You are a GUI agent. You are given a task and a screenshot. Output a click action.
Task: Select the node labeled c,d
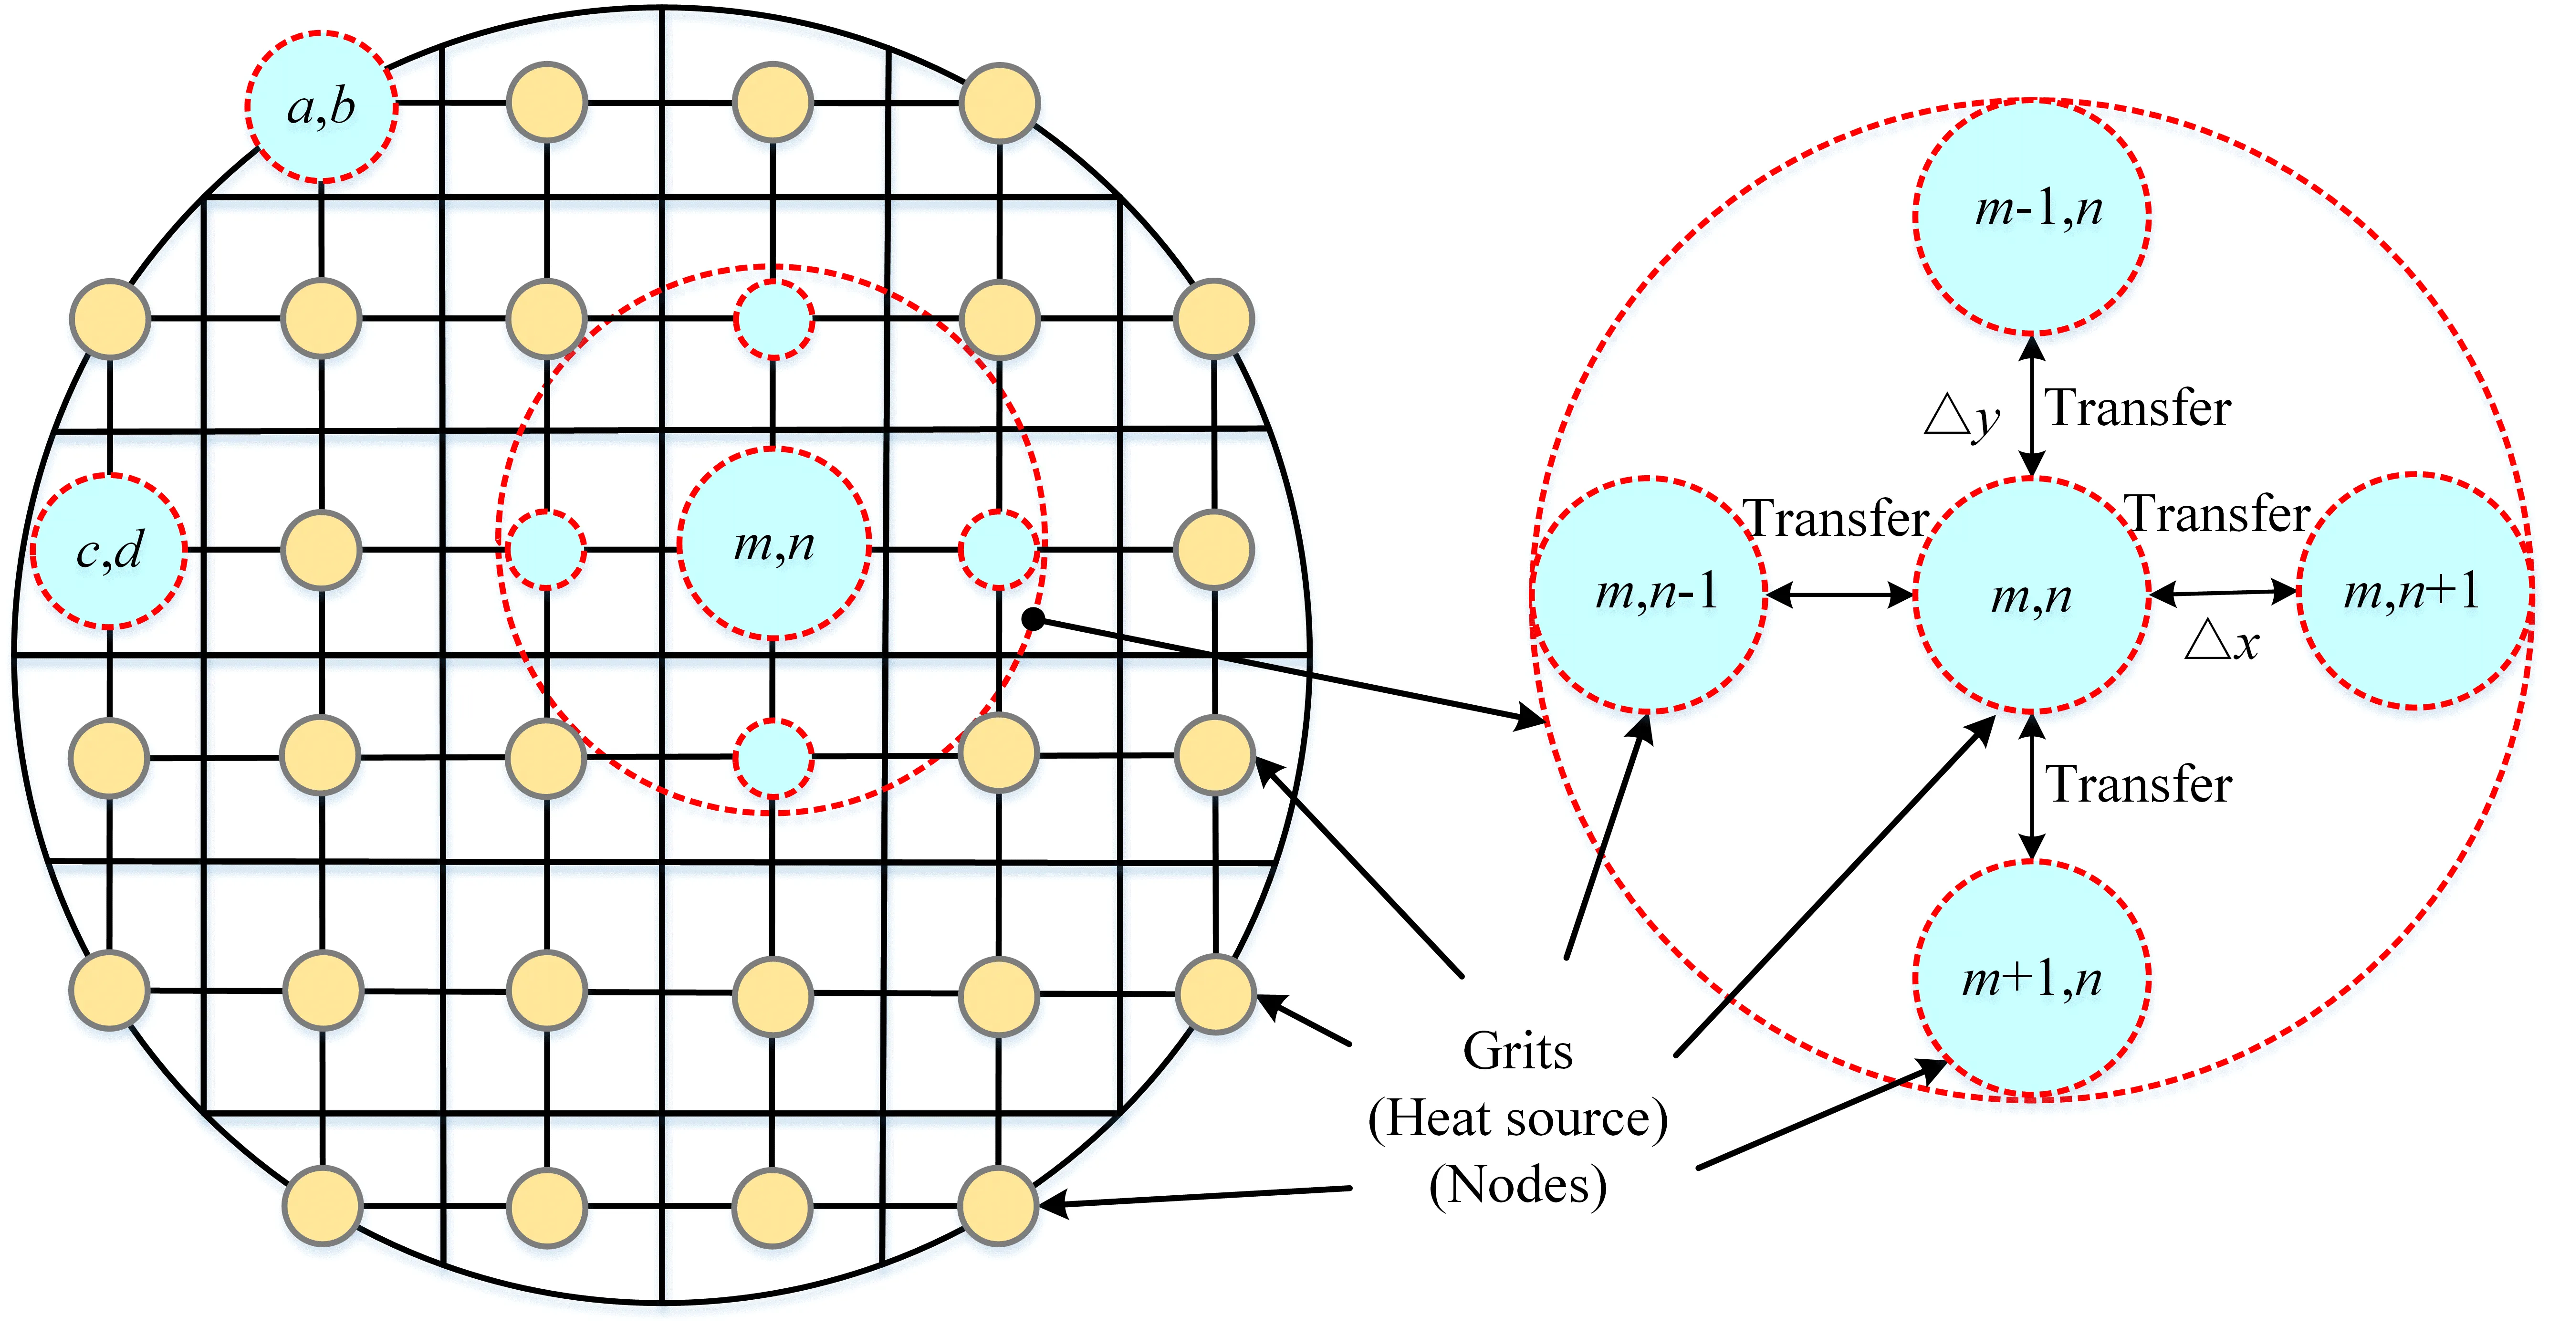[109, 550]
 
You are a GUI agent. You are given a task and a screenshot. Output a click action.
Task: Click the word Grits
[1517, 1051]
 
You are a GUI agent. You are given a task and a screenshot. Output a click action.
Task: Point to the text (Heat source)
[1517, 1118]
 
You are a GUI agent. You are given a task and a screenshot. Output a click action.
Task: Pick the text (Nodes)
[1517, 1184]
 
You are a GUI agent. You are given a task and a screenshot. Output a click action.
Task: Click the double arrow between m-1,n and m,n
[2031, 406]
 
